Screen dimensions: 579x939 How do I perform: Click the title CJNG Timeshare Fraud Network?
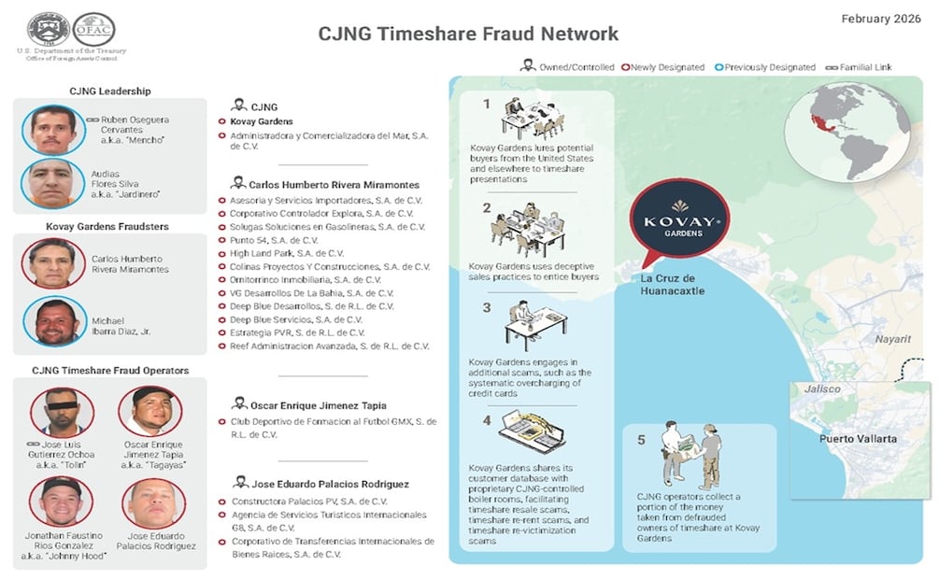(x=468, y=34)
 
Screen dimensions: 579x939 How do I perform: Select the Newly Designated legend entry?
(x=666, y=67)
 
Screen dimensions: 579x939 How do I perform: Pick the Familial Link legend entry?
(x=860, y=67)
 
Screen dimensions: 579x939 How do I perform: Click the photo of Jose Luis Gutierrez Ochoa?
(x=61, y=411)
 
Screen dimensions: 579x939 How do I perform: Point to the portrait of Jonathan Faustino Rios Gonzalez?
(x=61, y=501)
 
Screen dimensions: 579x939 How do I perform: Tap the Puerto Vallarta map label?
(x=858, y=439)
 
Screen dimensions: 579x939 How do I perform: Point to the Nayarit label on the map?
(x=892, y=339)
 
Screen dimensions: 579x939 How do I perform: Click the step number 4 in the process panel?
(x=486, y=420)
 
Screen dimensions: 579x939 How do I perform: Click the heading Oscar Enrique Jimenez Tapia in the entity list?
(x=318, y=406)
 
